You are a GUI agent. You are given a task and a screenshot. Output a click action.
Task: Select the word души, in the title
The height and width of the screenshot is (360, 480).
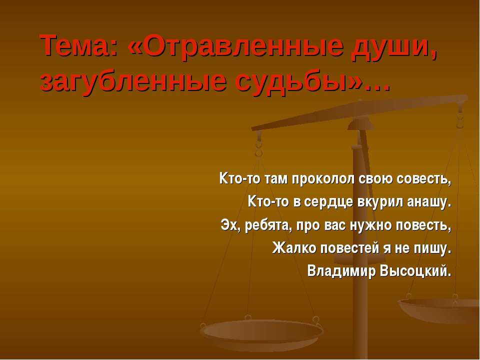(x=393, y=48)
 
